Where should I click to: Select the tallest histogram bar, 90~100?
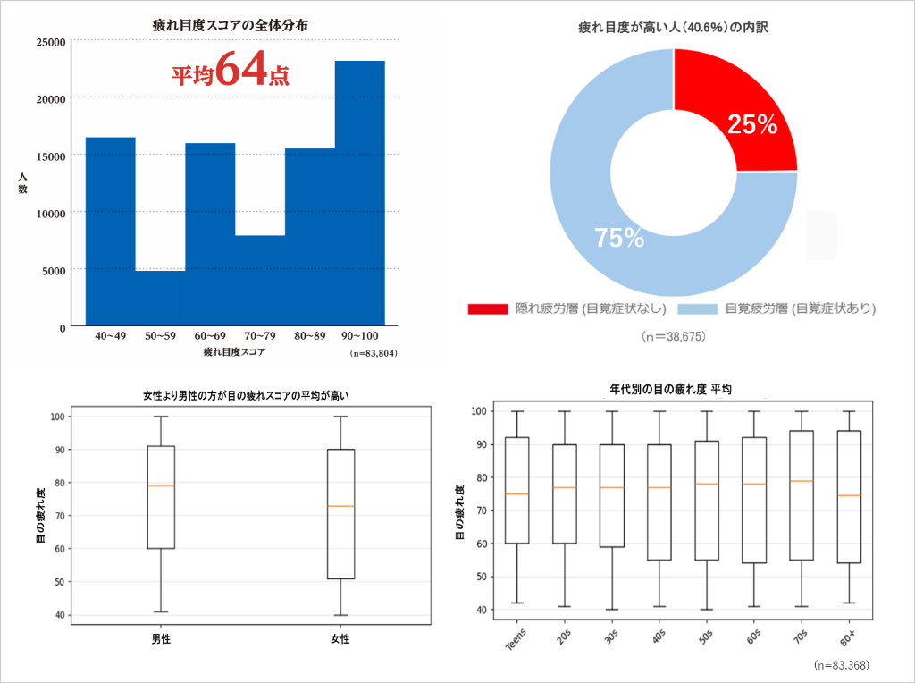coord(360,192)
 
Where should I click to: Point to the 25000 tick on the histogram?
coord(51,42)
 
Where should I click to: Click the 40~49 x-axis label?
coord(111,336)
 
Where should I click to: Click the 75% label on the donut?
coord(619,238)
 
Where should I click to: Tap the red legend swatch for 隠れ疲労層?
coord(488,309)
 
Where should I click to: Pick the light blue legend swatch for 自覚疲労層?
coord(698,309)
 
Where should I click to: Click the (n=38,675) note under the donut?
coord(674,337)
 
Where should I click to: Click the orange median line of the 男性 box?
coord(161,485)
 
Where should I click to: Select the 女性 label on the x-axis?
coord(340,639)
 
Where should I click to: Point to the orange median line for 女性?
coord(340,506)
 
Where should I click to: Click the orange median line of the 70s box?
coord(802,481)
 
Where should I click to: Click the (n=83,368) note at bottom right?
coord(842,665)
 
